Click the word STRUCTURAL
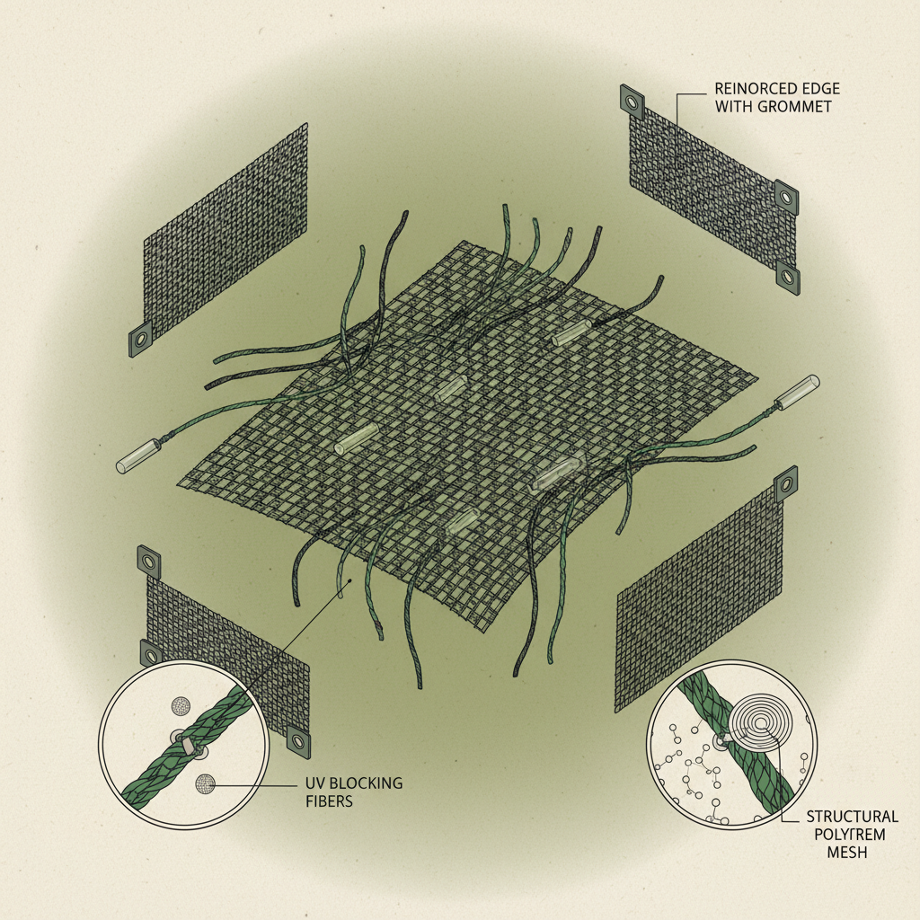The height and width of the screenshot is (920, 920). pyautogui.click(x=852, y=816)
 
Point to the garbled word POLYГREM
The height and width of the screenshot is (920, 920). pyautogui.click(x=849, y=834)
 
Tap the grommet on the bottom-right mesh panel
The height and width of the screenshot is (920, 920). pyautogui.click(x=787, y=484)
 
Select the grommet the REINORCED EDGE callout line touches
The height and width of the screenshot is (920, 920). pyautogui.click(x=633, y=102)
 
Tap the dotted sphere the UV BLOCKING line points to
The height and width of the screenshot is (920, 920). pyautogui.click(x=206, y=783)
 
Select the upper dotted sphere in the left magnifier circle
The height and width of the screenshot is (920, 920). pyautogui.click(x=181, y=705)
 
